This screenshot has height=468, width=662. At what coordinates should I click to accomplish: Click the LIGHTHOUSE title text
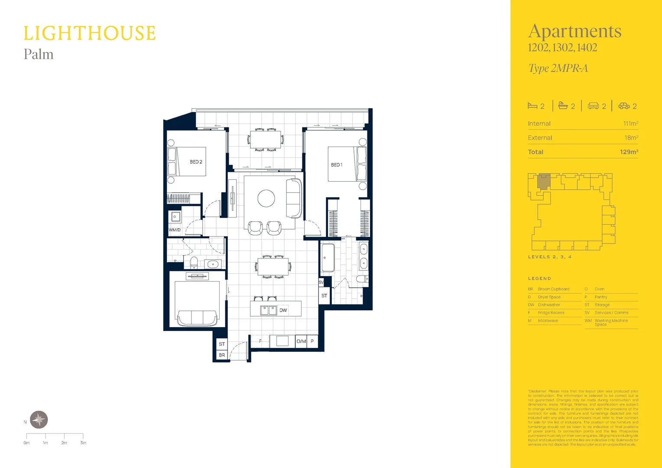coord(89,33)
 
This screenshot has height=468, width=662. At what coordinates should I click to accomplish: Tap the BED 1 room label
coord(337,165)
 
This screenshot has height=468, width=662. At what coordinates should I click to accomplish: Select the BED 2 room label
coord(196,162)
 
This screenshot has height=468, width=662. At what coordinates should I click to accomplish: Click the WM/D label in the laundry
coord(175,230)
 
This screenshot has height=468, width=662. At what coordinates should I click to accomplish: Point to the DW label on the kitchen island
coord(283,310)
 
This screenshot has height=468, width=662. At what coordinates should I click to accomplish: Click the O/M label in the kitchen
coord(301,341)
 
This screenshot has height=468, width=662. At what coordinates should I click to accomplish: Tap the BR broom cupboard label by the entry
coord(222,355)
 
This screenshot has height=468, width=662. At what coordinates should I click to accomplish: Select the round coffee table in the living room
coord(266,198)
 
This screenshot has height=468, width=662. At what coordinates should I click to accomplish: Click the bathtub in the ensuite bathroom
coord(328,258)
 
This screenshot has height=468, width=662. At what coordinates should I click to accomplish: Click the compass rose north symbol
coord(39,419)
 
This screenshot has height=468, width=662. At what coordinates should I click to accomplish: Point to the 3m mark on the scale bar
coord(83,442)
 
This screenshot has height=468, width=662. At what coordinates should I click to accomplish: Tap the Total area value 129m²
coord(629,152)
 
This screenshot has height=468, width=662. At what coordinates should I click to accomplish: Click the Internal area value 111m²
coord(630,123)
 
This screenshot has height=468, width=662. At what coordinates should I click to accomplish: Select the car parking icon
coord(624,106)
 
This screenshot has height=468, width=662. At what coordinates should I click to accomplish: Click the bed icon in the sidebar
coord(532,106)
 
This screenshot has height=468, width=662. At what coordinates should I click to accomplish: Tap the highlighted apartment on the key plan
coord(544,181)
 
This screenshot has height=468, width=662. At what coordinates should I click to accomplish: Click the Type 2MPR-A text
coord(558,68)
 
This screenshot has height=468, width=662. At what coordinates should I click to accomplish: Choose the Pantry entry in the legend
coord(601,297)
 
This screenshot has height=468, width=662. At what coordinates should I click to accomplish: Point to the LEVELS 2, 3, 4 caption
coord(549,257)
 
